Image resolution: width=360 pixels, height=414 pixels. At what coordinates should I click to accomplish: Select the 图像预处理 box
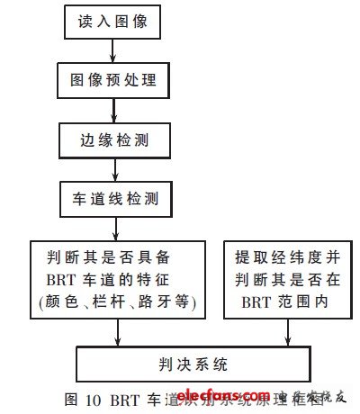coord(113,80)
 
